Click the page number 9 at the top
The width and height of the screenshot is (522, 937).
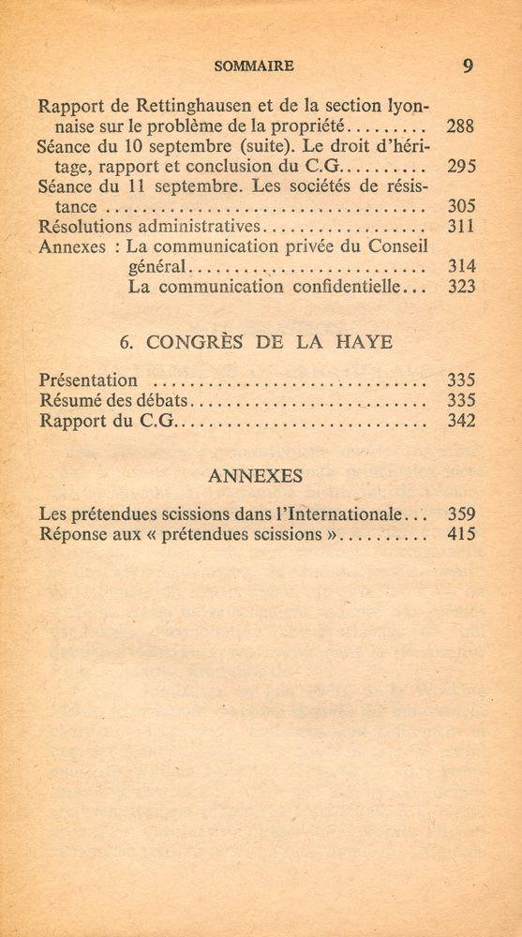pos(468,66)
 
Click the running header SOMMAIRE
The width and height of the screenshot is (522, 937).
pos(254,66)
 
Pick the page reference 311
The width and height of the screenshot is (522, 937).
pos(461,227)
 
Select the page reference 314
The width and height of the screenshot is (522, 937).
pos(461,267)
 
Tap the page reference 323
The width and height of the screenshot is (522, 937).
pos(461,288)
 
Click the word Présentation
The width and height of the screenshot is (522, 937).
pos(89,380)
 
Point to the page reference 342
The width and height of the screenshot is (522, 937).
pos(461,421)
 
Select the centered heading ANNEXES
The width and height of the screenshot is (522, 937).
pos(255,476)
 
